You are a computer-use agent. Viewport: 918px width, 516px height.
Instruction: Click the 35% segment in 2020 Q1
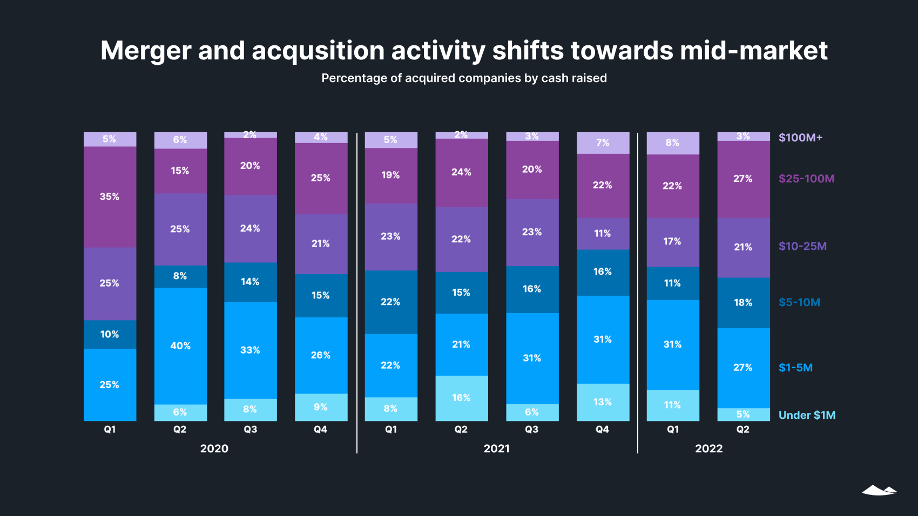110,196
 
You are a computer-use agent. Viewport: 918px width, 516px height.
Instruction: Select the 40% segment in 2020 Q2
180,345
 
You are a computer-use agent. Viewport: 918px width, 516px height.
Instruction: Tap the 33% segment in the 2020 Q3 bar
251,350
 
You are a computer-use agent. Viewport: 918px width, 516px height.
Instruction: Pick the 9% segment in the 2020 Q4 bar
321,407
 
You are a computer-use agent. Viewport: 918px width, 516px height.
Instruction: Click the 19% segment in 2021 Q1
391,175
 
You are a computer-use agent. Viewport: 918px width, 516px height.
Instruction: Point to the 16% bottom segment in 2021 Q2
461,398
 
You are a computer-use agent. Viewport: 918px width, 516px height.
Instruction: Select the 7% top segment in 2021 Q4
603,142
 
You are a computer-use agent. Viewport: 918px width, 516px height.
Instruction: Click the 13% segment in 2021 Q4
603,402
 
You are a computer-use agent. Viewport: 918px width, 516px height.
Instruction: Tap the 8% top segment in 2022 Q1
673,142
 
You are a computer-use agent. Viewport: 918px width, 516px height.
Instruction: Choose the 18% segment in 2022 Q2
743,302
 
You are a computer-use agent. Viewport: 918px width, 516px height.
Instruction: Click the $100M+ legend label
800,138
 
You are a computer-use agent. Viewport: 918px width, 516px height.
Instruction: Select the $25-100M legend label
806,179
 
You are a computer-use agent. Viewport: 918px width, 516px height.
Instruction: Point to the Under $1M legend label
807,415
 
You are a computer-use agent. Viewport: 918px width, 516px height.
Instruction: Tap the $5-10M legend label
799,302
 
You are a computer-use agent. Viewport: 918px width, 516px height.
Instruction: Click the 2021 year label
496,449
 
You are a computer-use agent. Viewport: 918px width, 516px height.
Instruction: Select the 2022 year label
708,449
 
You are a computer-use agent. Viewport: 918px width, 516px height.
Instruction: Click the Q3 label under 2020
251,430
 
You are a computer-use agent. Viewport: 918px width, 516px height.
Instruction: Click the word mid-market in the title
753,51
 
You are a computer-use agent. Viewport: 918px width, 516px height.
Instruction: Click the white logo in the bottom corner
879,490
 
